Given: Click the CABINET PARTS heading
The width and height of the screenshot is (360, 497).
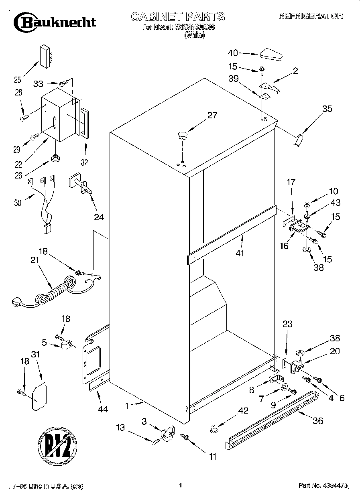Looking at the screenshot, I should click(x=178, y=17).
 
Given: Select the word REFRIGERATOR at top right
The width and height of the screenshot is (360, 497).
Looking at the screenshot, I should click(x=311, y=16).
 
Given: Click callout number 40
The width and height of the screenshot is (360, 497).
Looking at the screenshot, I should click(x=233, y=53).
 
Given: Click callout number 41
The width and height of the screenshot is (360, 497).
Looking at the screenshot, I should click(x=240, y=254).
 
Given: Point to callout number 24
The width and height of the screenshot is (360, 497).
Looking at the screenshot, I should click(x=99, y=217).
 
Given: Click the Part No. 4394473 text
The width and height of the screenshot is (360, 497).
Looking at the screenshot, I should click(x=323, y=486).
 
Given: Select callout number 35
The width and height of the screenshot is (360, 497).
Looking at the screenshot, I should click(x=327, y=108).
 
